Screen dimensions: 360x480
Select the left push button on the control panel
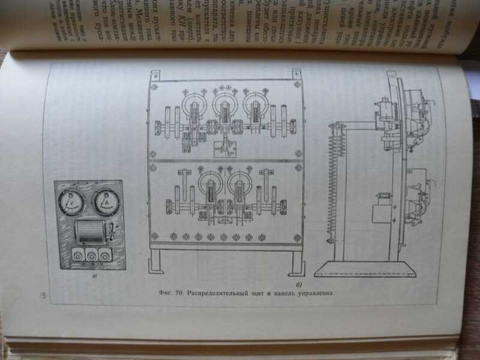[77, 255]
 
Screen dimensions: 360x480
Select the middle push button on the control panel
[91, 255]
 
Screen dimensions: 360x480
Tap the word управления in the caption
[313, 294]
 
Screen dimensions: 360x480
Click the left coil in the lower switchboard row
[211, 192]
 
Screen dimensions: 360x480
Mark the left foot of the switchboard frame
[156, 261]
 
